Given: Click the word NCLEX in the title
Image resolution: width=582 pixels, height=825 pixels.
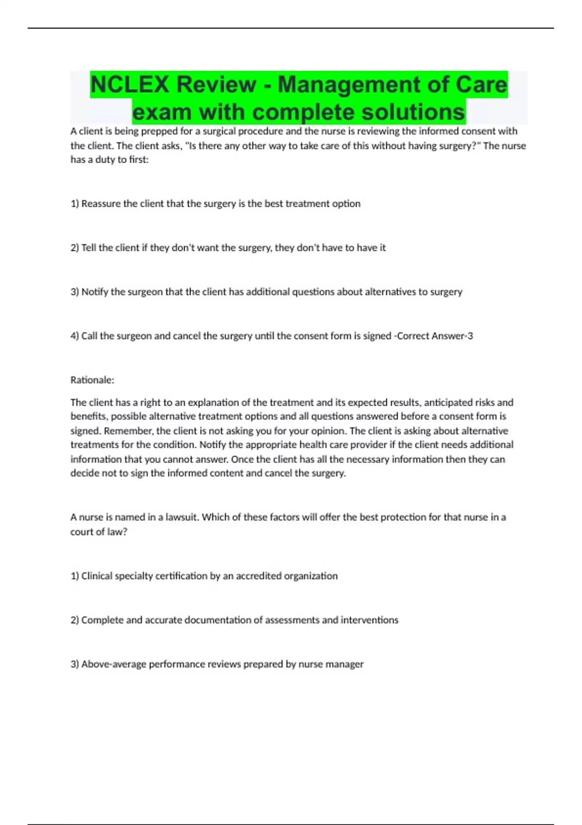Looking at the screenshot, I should coord(129,84).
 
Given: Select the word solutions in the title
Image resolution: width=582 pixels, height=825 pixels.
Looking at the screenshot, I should coord(413,112).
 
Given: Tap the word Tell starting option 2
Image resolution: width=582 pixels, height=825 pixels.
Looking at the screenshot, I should coord(89,248).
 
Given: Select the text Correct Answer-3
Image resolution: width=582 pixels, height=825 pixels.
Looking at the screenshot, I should coord(435,336).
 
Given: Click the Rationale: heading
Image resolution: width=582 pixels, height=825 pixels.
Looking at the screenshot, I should coord(92,380).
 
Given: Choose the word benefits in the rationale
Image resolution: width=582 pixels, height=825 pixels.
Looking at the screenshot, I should coord(90,416).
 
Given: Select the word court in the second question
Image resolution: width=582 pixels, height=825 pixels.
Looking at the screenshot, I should coord(81,532).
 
